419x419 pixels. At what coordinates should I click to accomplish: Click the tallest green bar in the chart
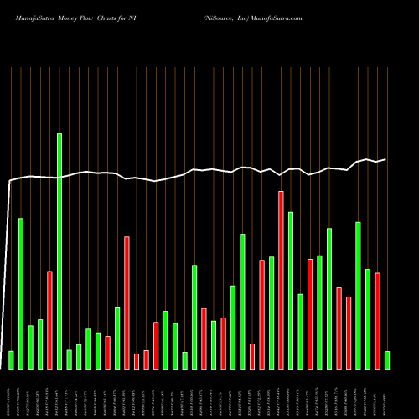59,251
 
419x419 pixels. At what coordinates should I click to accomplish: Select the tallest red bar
281,281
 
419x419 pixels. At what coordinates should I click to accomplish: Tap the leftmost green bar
11,360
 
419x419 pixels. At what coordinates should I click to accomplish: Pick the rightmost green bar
387,360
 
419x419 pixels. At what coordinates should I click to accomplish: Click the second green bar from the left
21,293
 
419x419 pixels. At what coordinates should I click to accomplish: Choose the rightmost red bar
377,321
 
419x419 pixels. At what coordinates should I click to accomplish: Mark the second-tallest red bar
127,303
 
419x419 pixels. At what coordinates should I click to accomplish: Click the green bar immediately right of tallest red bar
291,290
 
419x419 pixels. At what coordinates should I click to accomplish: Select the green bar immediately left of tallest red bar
272,313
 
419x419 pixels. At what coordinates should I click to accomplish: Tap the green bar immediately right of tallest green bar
69,360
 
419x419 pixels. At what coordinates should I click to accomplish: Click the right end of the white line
385,159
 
